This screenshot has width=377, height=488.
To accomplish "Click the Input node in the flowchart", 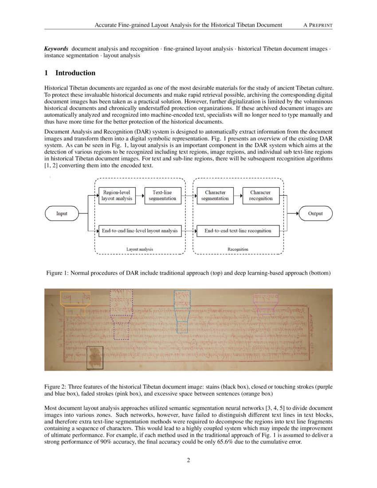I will click(62, 213).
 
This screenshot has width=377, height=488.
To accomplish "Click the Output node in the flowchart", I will click(315, 213).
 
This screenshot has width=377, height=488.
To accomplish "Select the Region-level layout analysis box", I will click(117, 195).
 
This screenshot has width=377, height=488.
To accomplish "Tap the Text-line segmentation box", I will click(162, 195).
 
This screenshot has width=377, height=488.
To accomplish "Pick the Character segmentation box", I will click(215, 195).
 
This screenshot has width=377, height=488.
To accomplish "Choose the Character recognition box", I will click(261, 195).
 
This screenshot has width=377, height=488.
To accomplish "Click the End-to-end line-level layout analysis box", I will click(140, 231).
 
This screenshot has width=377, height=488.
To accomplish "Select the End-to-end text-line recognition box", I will click(237, 231).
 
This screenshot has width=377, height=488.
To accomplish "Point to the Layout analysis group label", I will click(140, 249).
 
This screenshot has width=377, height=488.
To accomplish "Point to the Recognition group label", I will click(238, 249).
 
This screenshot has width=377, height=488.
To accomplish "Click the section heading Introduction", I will click(75, 73).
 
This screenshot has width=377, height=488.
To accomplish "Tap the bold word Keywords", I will click(56, 48).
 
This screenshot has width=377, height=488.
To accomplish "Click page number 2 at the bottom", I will click(188, 460).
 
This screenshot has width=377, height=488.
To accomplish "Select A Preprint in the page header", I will click(318, 25).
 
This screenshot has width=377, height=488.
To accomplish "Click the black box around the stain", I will click(94, 358).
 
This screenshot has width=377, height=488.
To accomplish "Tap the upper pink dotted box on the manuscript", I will click(266, 297).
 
